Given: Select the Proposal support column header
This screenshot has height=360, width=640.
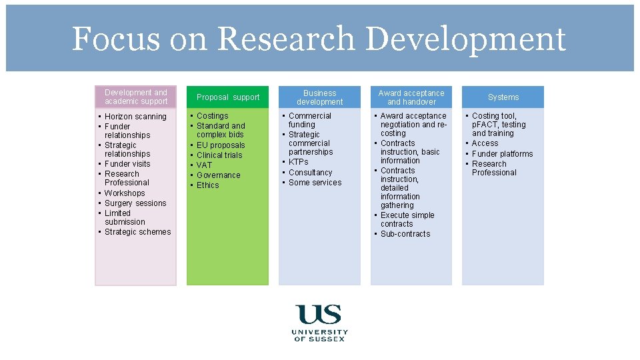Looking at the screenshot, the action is point(228,97).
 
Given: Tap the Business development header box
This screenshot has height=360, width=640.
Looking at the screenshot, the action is point(319,97).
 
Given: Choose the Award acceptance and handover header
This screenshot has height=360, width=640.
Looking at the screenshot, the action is point(411,97).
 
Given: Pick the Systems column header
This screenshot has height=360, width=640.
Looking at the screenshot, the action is point(503,97).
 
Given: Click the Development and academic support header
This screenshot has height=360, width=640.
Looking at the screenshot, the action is point(136,97).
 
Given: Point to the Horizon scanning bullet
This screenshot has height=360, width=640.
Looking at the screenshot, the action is point(135,117).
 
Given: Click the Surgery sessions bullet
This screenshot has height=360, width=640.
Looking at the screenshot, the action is point(135,203).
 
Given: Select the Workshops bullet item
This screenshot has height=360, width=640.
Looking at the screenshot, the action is point(125,193).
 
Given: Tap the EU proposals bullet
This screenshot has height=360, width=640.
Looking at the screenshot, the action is point(221,145).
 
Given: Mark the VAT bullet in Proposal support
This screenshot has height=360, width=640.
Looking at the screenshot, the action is point(204,165).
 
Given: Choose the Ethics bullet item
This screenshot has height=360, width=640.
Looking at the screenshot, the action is point(207,185).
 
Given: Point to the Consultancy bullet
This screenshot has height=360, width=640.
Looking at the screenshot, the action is point(310,173).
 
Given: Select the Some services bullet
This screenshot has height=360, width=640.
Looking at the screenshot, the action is point(315,183).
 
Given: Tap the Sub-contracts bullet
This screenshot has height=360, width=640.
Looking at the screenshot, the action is point(405,234).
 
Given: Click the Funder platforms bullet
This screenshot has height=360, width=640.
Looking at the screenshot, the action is point(502,154).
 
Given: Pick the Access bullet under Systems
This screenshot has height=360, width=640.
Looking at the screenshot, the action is point(485,143).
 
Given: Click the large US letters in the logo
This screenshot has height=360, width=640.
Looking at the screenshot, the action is point(319,314).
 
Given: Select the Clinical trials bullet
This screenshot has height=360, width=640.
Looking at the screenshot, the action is point(219,155).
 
